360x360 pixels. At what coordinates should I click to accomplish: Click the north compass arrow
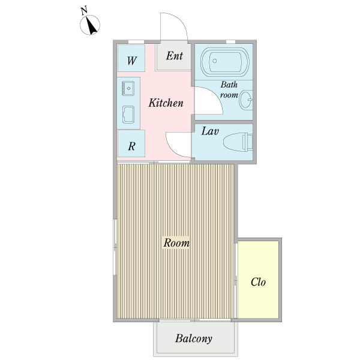tap(91, 26)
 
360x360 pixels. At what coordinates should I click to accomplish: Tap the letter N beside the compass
tap(84, 11)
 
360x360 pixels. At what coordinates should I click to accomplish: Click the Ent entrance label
tap(175, 56)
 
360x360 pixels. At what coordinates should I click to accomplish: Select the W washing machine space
tap(131, 58)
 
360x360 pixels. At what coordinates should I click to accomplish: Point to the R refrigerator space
tap(131, 143)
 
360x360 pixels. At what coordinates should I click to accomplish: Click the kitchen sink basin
tap(128, 88)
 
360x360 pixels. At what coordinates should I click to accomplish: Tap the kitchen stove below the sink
tap(128, 115)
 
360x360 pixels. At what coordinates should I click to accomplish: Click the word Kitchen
tap(166, 103)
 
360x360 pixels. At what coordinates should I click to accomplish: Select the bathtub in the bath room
tap(225, 62)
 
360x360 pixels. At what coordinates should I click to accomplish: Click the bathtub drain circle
tap(215, 61)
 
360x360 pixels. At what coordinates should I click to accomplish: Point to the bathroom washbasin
tap(246, 100)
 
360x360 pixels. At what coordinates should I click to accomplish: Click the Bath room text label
tap(229, 90)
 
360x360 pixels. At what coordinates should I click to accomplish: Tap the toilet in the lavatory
tap(238, 142)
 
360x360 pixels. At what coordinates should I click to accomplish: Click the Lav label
tap(210, 131)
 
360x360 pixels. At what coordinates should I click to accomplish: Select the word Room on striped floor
tap(176, 243)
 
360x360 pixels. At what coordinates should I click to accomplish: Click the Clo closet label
tap(258, 282)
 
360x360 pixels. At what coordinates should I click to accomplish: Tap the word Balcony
tap(194, 338)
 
